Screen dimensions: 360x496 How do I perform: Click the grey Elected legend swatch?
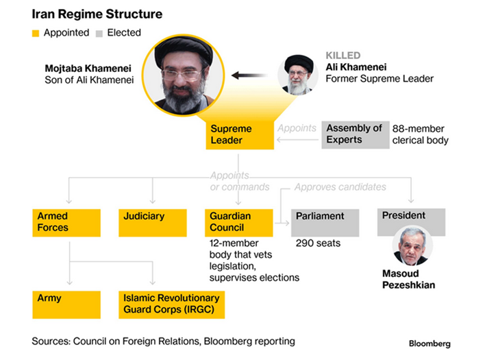(x=99, y=33)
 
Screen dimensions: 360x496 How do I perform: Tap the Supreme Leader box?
(x=239, y=134)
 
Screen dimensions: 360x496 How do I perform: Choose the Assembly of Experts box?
(x=354, y=134)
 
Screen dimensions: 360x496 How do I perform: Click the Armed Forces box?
(x=67, y=221)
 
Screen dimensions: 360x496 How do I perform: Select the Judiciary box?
(x=153, y=221)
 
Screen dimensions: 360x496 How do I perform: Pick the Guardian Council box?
(x=239, y=221)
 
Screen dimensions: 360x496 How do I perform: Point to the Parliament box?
(x=325, y=221)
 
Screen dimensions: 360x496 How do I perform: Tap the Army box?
(x=67, y=304)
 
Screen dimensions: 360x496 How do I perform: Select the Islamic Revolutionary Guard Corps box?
(x=172, y=304)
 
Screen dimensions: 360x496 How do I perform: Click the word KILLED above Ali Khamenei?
(x=343, y=56)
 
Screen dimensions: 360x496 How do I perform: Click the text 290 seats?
(x=318, y=243)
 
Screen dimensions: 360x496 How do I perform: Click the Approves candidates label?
(x=340, y=187)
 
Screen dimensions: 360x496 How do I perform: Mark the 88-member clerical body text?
(x=420, y=134)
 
